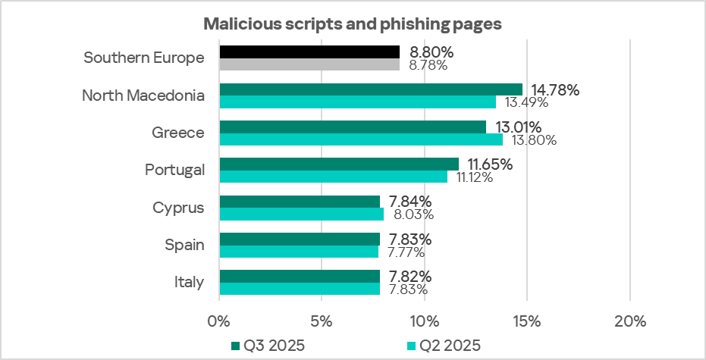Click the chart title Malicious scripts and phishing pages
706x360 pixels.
(353, 24)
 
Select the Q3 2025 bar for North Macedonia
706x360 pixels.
(371, 89)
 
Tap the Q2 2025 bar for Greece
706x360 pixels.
(361, 139)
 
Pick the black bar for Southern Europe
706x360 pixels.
(309, 52)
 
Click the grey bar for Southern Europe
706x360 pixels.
(309, 65)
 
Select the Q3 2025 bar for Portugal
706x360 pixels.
(339, 164)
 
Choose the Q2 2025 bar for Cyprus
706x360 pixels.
(301, 214)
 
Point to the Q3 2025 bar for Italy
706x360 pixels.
(300, 276)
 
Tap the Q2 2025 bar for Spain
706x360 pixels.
(299, 252)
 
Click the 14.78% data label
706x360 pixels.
(554, 90)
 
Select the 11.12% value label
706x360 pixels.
(475, 177)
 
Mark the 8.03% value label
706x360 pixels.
(411, 214)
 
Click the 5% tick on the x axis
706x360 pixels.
(322, 321)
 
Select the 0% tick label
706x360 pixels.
(218, 321)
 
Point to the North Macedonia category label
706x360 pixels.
(143, 95)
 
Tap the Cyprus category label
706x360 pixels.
(177, 207)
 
